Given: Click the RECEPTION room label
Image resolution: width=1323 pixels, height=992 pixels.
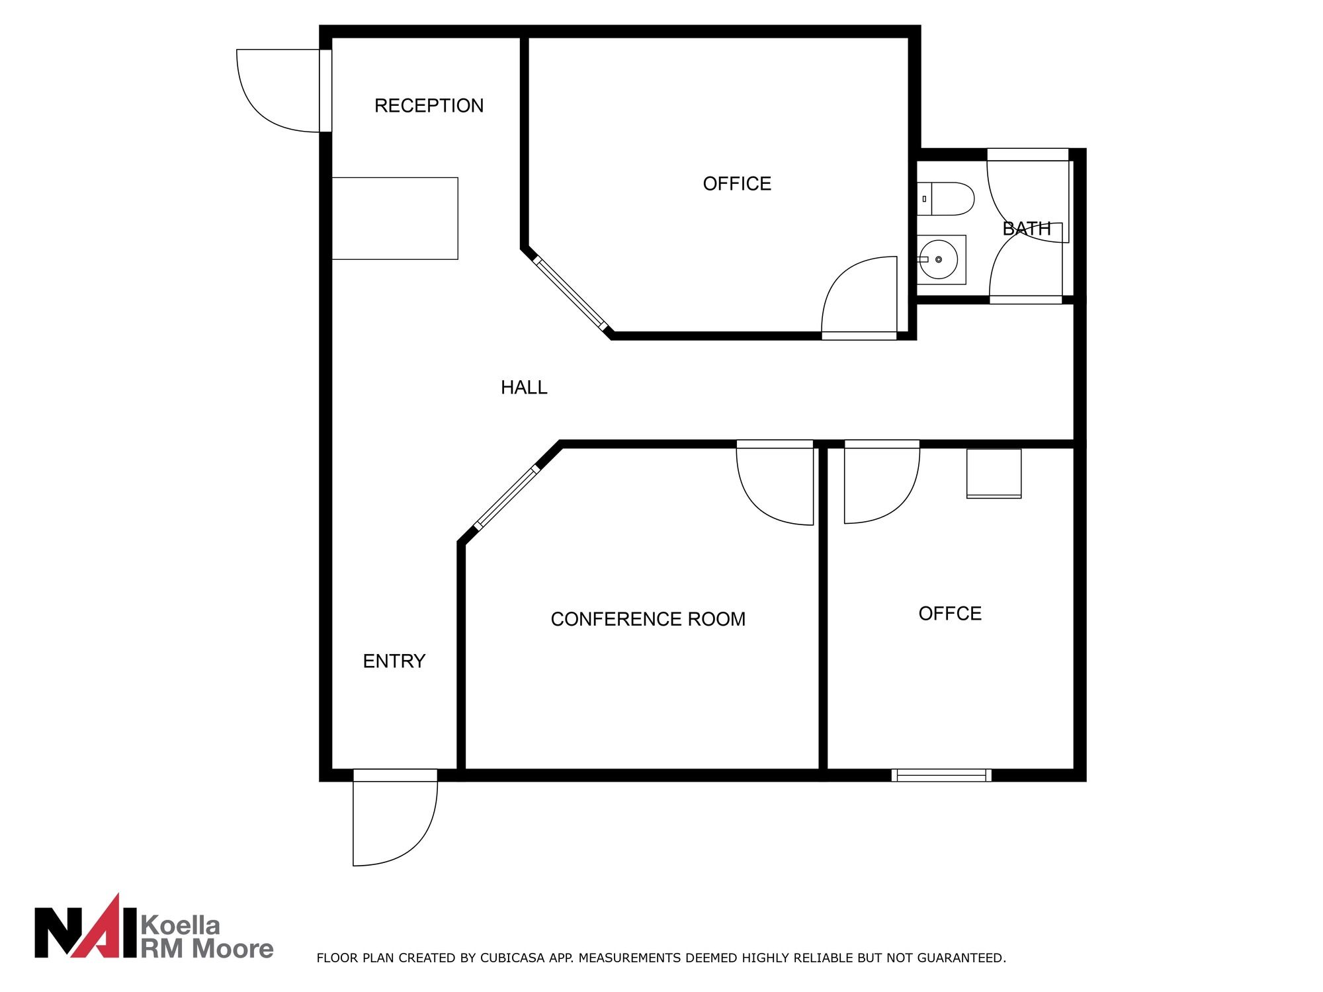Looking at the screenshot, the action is [x=429, y=106].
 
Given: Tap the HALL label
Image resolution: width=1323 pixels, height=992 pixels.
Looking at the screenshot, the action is [x=524, y=388].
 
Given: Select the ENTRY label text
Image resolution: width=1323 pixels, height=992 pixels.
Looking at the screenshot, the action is [x=394, y=661].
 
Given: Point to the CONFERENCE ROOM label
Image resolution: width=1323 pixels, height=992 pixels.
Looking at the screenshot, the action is [x=648, y=619].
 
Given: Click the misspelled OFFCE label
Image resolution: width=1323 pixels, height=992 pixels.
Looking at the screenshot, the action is [x=950, y=614].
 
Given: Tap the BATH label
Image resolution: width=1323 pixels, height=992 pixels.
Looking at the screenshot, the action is [x=1027, y=229].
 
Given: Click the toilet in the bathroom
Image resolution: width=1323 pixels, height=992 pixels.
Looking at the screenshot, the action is [x=946, y=199].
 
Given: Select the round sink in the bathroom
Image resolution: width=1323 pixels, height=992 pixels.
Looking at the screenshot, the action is [x=939, y=260].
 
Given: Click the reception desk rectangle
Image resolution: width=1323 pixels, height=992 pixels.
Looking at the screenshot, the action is [x=395, y=218].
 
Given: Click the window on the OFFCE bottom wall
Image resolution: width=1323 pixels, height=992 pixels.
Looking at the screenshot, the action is [x=941, y=775].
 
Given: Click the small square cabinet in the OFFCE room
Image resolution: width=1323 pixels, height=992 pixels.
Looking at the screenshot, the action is [x=994, y=474].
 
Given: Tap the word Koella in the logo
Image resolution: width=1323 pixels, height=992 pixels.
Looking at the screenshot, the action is [x=181, y=924].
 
